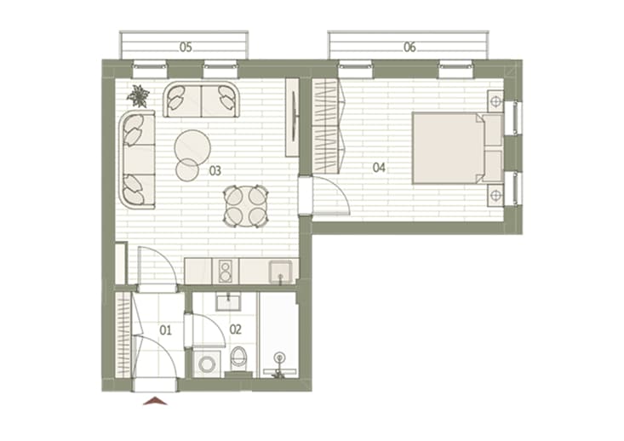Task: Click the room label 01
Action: click(165, 330)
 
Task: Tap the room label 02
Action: click(236, 329)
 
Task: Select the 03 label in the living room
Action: click(215, 171)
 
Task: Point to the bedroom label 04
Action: click(379, 168)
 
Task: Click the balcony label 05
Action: click(186, 48)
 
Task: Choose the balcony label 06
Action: click(409, 48)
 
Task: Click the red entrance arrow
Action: click(155, 401)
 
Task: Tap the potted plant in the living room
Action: click(139, 96)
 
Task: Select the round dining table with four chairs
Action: click(245, 207)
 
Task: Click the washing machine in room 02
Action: click(207, 364)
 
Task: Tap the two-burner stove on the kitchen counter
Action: click(226, 271)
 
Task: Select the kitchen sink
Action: click(280, 271)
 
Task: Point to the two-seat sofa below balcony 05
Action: click(202, 100)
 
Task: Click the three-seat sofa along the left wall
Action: click(137, 159)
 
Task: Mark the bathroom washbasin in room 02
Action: click(228, 301)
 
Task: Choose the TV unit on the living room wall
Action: click(293, 117)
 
